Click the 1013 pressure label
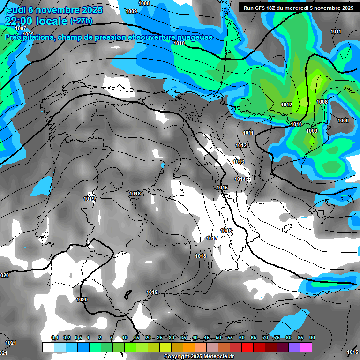pos(239,162)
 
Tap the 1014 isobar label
pos(240,179)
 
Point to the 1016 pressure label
pos(226,231)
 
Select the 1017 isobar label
pos(212,238)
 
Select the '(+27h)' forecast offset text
pos(81,21)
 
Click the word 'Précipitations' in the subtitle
pos(28,37)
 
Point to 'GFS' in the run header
pos(262,7)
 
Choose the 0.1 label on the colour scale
pos(55,337)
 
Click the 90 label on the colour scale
pos(312,337)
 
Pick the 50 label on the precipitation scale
pos(218,337)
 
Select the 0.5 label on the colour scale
pos(78,337)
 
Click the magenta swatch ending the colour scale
pos(306,347)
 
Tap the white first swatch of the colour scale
pos(48,347)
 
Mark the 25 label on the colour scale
pos(160,337)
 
